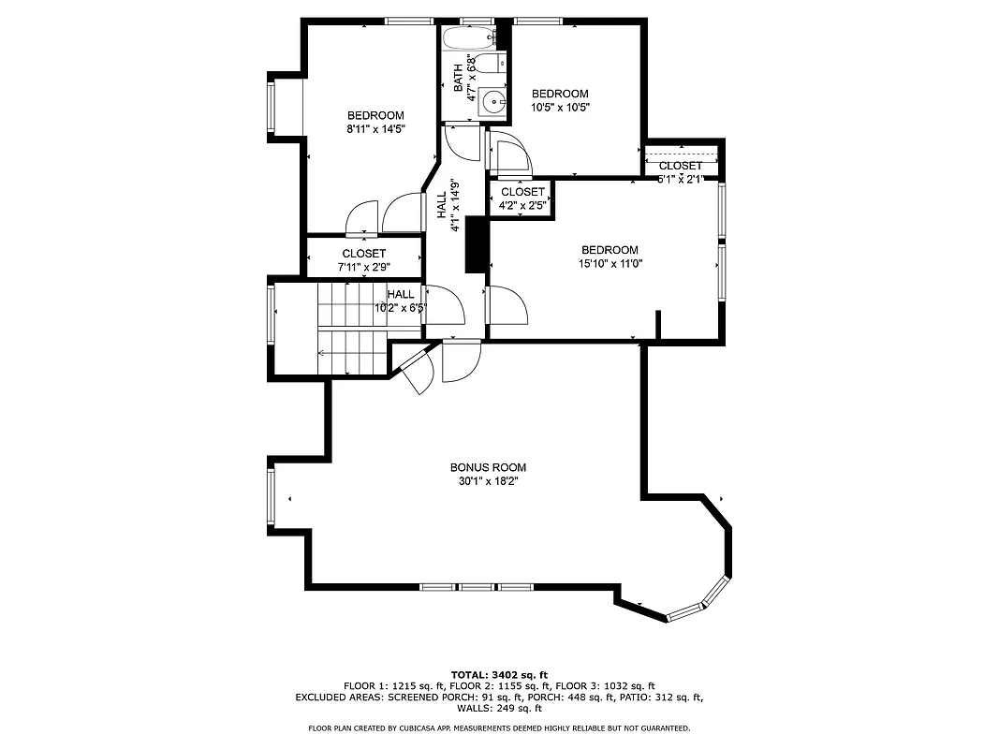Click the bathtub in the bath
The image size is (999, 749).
[467, 39]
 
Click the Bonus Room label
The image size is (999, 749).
[488, 467]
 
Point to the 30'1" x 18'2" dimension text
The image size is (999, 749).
[488, 481]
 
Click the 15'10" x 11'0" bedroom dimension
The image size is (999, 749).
[610, 263]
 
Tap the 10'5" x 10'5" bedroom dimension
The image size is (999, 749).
[560, 107]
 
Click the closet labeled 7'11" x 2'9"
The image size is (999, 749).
[363, 260]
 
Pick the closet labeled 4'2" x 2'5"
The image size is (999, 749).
[522, 198]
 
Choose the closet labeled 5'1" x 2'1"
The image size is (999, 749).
[681, 171]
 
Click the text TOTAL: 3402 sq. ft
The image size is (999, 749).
[500, 674]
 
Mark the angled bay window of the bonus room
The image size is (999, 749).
[698, 602]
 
